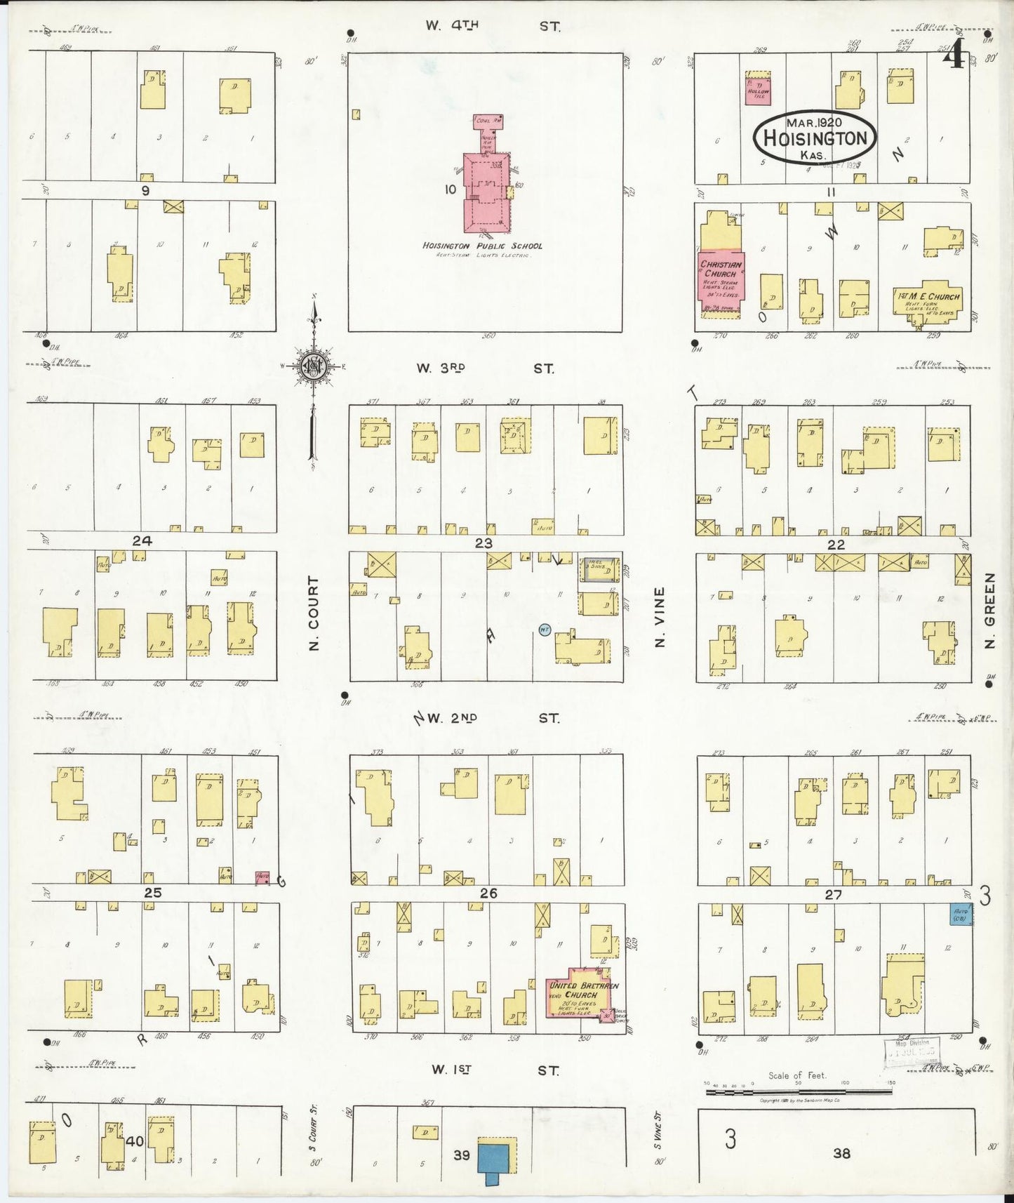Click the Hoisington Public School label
click(482, 246)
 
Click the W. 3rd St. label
click(484, 368)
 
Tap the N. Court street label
click(314, 613)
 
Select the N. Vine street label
click(659, 617)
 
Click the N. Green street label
click(990, 610)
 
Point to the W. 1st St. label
click(495, 1070)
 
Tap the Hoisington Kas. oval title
click(815, 138)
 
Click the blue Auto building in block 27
click(960, 914)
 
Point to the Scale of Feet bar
click(798, 1091)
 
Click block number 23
click(483, 543)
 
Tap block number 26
click(488, 893)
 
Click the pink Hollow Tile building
click(758, 89)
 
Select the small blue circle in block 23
click(545, 630)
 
